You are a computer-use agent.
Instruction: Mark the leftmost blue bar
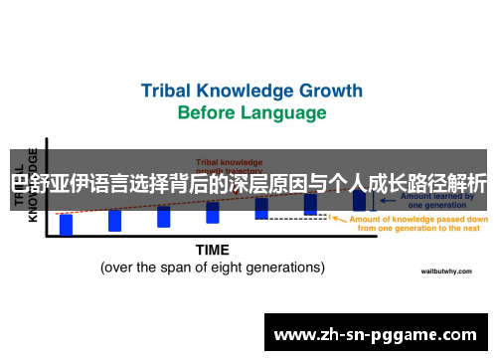click(x=66, y=225)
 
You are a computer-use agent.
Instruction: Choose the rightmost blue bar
click(x=359, y=200)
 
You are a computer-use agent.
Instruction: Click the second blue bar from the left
click(x=114, y=220)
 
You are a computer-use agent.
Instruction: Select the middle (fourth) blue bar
click(x=213, y=212)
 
